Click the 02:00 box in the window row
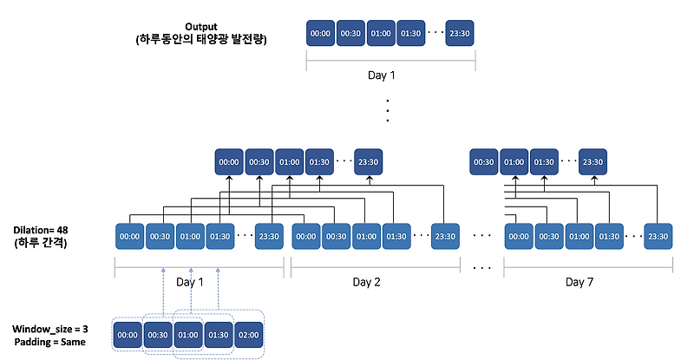[249, 335]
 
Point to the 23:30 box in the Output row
[461, 34]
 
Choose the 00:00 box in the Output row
[320, 34]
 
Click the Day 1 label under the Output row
[391, 75]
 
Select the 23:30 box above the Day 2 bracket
[444, 236]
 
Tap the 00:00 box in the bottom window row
[128, 335]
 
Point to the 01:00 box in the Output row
[380, 34]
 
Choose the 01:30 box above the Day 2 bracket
[396, 236]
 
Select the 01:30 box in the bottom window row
[219, 335]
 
